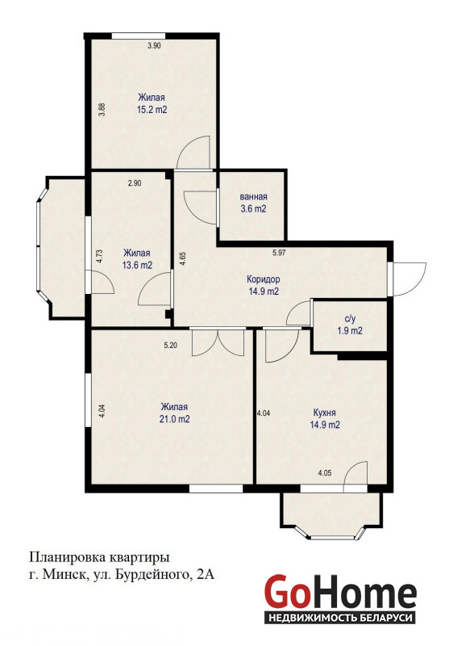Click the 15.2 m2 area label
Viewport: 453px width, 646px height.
[152, 110]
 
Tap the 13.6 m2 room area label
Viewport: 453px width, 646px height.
[137, 265]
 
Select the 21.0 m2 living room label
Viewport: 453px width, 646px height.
[175, 419]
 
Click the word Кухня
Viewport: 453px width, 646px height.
[324, 413]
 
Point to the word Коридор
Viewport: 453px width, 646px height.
[264, 279]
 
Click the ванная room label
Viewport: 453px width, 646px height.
[254, 196]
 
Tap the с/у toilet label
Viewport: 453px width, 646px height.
[350, 318]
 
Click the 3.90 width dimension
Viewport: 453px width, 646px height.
[154, 46]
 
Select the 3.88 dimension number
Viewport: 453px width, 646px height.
[102, 109]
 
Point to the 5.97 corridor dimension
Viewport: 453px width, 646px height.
[279, 253]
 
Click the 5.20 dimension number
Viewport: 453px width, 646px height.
[171, 346]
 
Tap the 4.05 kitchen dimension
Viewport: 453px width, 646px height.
[325, 473]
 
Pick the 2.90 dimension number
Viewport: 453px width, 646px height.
[135, 183]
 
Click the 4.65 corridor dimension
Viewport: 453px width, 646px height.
[182, 260]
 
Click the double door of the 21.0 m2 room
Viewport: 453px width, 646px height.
[218, 342]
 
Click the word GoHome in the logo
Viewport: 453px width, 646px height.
[340, 591]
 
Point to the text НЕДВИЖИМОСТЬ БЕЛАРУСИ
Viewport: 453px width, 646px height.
[340, 618]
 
